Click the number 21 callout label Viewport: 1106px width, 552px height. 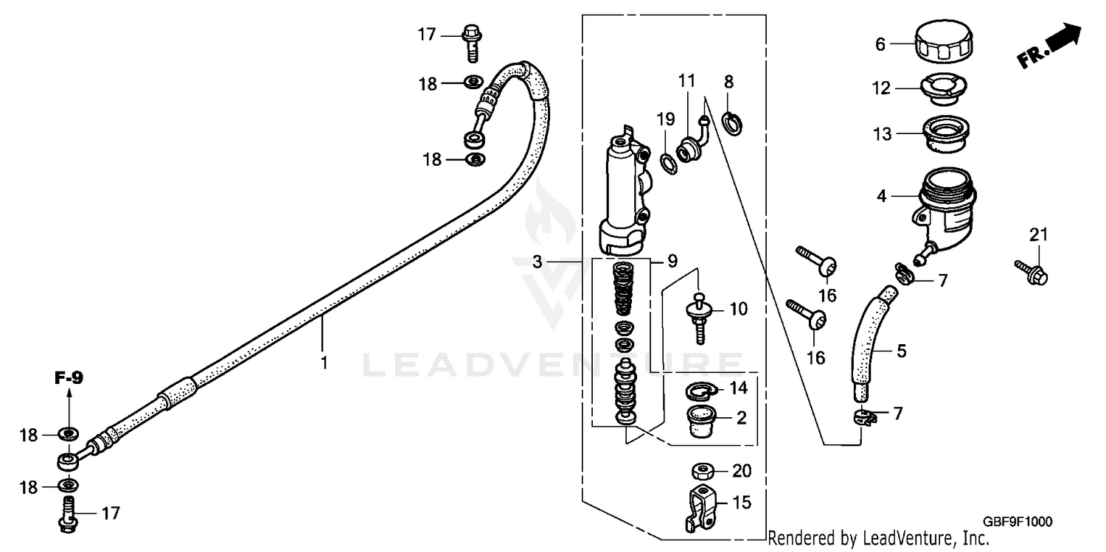point(1038,235)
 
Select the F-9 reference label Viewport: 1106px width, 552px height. point(69,378)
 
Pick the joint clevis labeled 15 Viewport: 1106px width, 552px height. point(701,508)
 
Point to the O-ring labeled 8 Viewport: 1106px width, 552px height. point(732,123)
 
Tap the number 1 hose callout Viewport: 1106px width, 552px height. point(322,363)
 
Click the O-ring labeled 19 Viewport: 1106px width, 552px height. point(667,162)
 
